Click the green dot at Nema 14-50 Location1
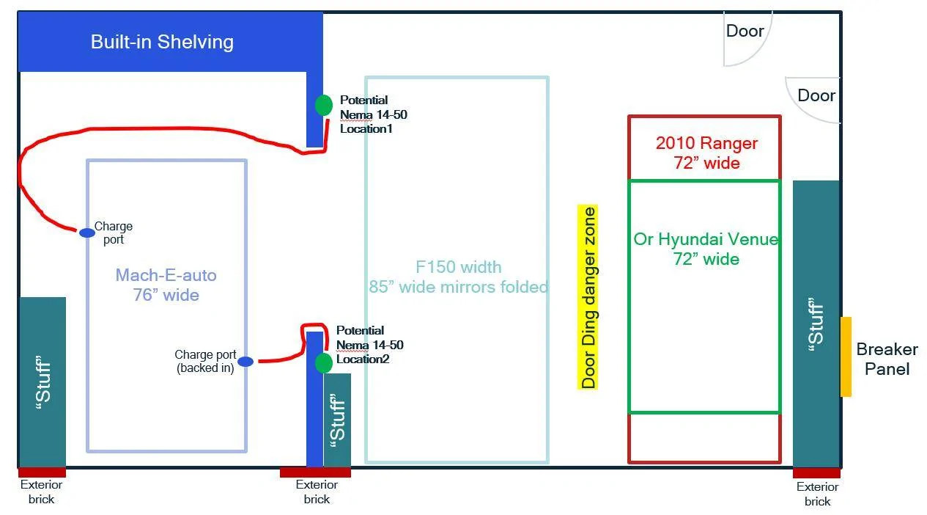point(324,105)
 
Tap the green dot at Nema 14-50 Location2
point(324,363)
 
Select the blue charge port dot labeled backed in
point(245,361)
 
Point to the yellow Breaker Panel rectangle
point(846,357)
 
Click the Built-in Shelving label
point(162,42)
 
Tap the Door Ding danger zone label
point(588,297)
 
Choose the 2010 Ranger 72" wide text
point(706,153)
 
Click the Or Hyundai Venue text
point(706,239)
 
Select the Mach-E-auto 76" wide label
point(166,285)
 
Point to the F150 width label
point(459,267)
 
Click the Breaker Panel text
point(887,359)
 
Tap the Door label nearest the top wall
point(745,31)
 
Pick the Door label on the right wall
point(816,95)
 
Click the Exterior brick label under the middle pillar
point(317,492)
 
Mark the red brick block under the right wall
point(816,473)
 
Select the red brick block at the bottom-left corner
point(42,472)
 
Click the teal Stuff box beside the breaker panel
point(816,324)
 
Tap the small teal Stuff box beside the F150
point(337,420)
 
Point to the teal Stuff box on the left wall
point(43,382)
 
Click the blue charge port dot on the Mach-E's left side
point(87,233)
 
